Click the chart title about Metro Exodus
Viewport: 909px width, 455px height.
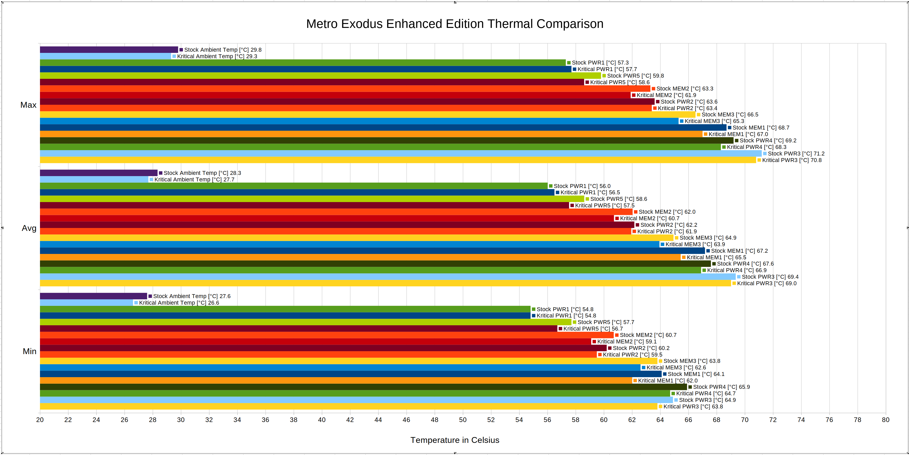[x=454, y=24]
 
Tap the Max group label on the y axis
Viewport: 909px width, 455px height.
[x=28, y=105]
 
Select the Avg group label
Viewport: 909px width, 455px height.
[x=29, y=228]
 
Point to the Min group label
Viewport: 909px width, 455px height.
[x=29, y=351]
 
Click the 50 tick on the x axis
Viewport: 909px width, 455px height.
[x=463, y=420]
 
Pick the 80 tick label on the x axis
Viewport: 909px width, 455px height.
[x=885, y=420]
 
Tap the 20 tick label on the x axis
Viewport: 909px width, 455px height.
[x=40, y=420]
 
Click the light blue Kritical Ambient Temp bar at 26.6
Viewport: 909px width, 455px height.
[x=86, y=303]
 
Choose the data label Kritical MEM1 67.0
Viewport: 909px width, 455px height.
[x=738, y=134]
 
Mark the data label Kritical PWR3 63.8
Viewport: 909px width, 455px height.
[x=693, y=406]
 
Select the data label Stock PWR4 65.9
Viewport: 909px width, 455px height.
[x=721, y=387]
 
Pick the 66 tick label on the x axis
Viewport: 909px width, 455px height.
[x=688, y=420]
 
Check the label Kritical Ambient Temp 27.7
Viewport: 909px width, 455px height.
[x=194, y=179]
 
